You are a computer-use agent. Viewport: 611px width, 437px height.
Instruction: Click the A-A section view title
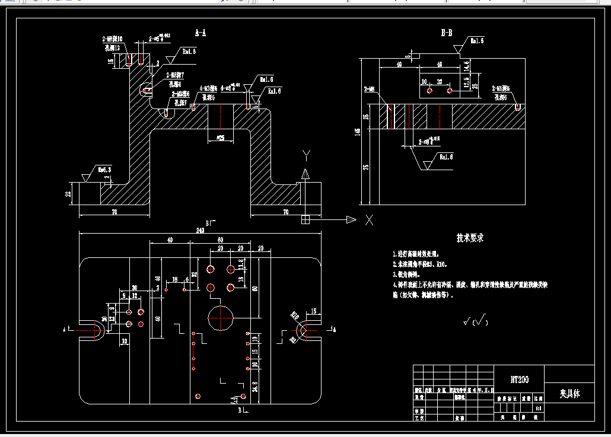(201, 33)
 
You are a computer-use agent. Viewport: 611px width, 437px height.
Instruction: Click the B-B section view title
(447, 33)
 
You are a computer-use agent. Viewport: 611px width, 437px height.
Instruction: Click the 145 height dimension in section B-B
(358, 132)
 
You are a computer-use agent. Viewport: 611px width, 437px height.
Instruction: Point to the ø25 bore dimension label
(221, 138)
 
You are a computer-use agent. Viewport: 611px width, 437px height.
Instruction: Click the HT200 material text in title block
(519, 379)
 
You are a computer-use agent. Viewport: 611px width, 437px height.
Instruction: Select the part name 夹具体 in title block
(569, 394)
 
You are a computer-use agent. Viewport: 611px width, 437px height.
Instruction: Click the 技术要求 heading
(470, 238)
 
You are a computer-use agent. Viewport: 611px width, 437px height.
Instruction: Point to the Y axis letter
(306, 155)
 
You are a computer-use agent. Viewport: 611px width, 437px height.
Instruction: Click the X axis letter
(369, 220)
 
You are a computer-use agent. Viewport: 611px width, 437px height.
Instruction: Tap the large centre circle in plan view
(220, 318)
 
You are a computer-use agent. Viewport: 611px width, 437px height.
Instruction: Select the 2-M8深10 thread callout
(112, 40)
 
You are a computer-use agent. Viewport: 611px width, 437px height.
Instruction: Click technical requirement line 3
(406, 275)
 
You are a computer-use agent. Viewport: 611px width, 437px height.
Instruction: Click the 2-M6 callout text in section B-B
(369, 90)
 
